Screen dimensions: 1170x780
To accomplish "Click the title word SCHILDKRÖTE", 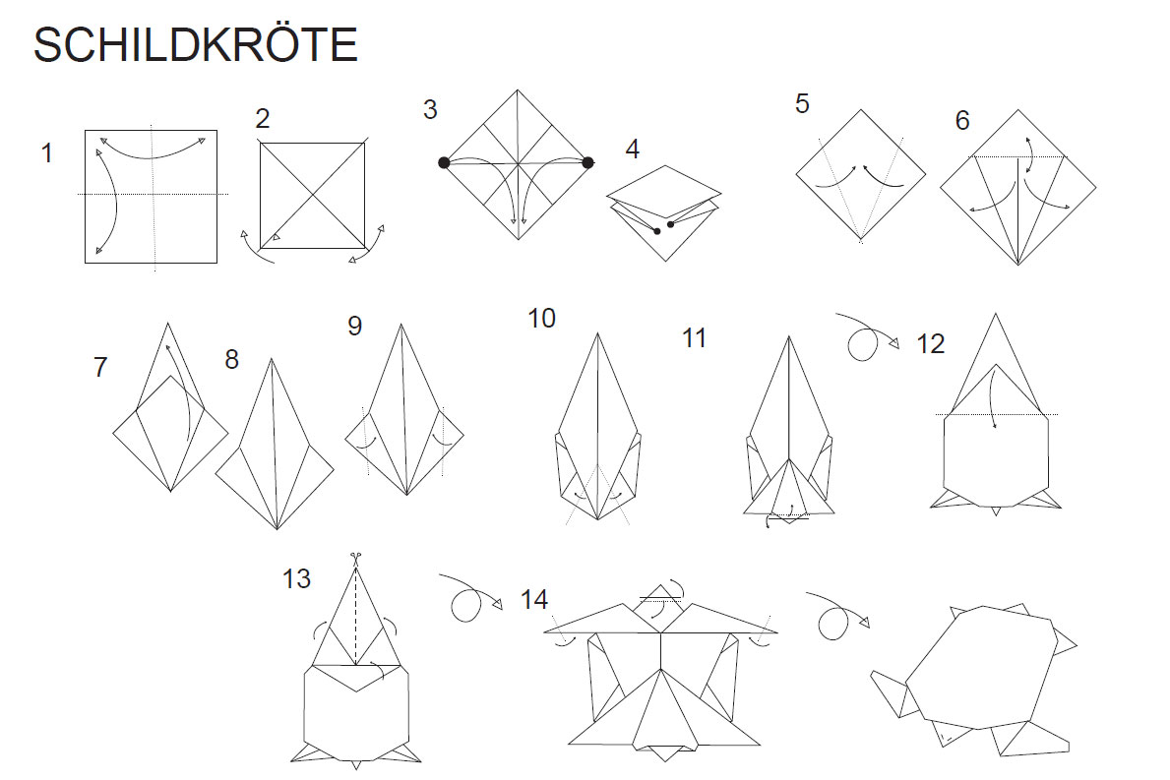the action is click(x=196, y=43).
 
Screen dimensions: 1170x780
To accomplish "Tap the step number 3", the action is click(x=430, y=109).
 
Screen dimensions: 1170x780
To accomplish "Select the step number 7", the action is click(x=100, y=367).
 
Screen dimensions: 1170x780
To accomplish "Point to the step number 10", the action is click(x=542, y=319).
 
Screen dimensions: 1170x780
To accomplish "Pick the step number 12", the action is click(x=931, y=343).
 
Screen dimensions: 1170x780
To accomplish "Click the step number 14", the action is click(x=534, y=600).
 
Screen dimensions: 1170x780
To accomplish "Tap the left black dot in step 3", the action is click(x=444, y=162).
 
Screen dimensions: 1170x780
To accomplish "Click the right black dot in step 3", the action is click(x=588, y=162).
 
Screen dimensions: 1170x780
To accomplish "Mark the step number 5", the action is click(x=802, y=103).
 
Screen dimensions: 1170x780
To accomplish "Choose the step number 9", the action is click(x=355, y=326).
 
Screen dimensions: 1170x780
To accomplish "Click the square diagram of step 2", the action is click(x=313, y=196).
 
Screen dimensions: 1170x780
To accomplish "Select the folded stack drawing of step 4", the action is click(x=664, y=212).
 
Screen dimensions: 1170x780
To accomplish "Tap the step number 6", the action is click(x=962, y=121).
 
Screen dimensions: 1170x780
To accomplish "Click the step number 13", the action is click(x=296, y=578).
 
